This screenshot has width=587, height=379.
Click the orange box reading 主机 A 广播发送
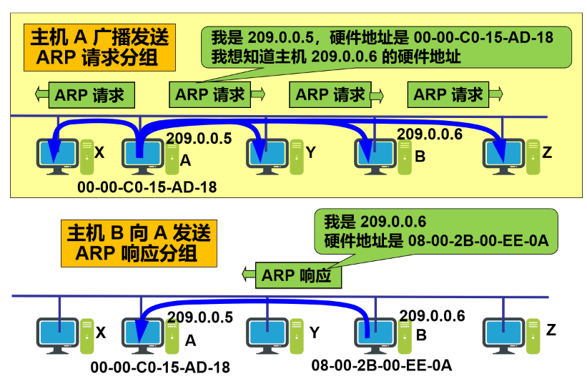point(100,47)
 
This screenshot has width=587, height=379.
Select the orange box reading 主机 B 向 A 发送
point(139,243)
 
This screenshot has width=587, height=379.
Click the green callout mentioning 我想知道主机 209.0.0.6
point(386,46)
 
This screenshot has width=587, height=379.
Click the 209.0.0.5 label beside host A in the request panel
point(199,139)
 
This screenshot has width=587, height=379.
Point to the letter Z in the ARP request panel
point(548,152)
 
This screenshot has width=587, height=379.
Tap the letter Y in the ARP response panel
point(313,331)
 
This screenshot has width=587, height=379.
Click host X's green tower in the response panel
point(87,335)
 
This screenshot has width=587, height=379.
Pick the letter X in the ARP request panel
point(99,152)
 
